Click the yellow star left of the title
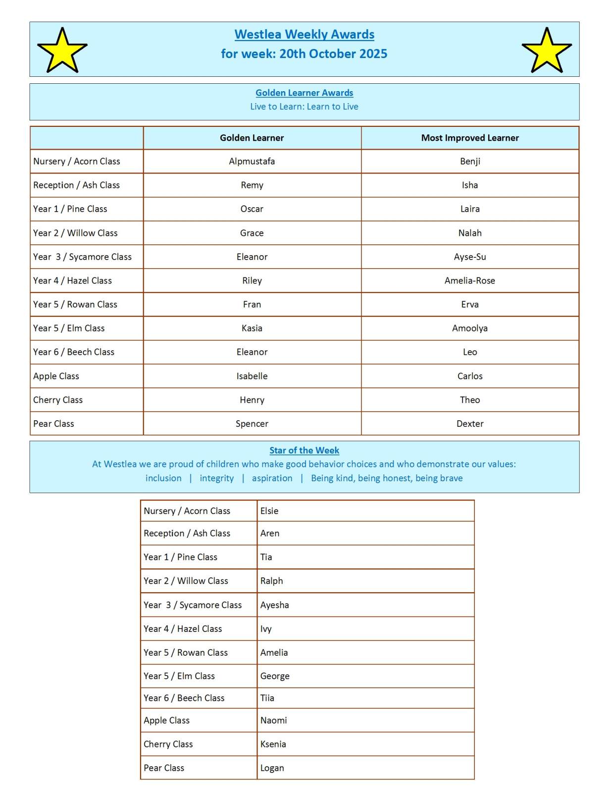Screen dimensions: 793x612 coord(62,51)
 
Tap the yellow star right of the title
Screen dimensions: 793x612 coord(547,51)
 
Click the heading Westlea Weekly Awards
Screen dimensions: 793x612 coord(304,34)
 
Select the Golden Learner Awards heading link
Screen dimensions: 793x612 coord(304,93)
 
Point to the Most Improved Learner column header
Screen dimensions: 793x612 coord(469,138)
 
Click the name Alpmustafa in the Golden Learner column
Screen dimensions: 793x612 coord(252,161)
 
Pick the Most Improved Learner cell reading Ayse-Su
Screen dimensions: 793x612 coord(469,257)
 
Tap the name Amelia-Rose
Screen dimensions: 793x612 coord(469,281)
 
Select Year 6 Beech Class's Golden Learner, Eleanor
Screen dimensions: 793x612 coord(252,352)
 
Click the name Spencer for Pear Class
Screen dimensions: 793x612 coord(252,424)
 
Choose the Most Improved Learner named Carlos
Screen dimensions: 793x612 coord(469,376)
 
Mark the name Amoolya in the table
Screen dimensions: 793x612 coord(469,328)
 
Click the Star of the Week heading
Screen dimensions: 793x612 coord(304,450)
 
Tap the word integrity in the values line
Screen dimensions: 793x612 coord(216,478)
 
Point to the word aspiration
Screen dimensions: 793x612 coord(272,478)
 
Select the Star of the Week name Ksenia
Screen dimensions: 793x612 coord(273,744)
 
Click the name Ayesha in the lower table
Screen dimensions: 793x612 coord(274,605)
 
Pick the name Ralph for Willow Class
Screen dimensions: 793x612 coord(271,581)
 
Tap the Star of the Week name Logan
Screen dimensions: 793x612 coord(272,768)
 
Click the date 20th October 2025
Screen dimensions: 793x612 coord(333,54)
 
